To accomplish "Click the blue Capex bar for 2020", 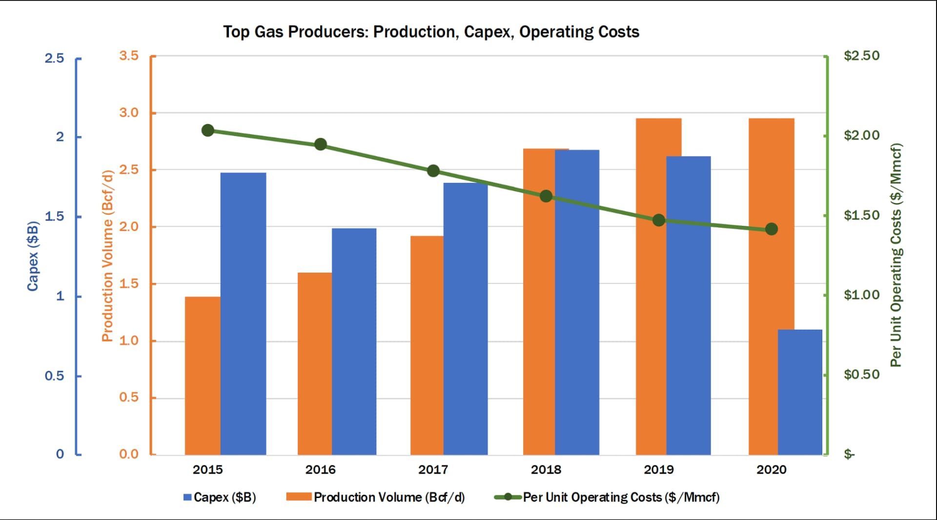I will tap(800, 392).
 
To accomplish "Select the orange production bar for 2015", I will tap(203, 376).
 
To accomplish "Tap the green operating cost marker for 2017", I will tap(433, 171).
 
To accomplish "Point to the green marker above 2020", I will tap(771, 229).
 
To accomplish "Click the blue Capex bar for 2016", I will tap(354, 341).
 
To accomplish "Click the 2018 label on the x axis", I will tap(546, 470).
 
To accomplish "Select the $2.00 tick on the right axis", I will tap(861, 135).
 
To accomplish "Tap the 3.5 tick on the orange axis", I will tap(129, 56).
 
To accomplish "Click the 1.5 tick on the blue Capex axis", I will tap(54, 216).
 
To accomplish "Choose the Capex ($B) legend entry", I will tap(220, 497).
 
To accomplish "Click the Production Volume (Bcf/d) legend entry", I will tap(376, 497).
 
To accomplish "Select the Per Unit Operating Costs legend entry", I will tap(608, 497).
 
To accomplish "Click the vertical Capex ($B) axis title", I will tap(33, 256).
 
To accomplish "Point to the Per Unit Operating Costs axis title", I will tap(896, 255).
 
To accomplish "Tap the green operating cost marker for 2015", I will tap(207, 130).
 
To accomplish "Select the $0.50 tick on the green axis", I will tap(861, 375).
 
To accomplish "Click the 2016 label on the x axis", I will tap(320, 470).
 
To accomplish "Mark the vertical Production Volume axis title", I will tap(107, 256).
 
